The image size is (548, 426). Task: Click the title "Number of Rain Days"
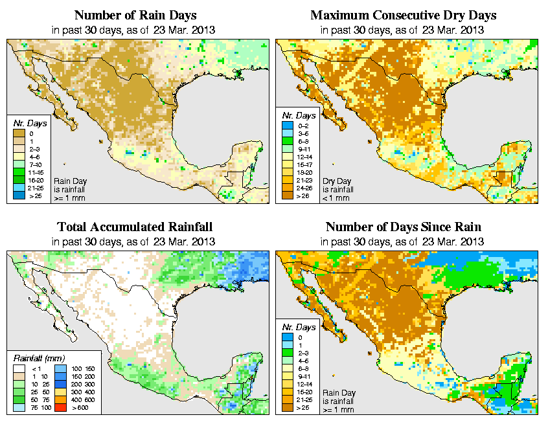tap(135, 15)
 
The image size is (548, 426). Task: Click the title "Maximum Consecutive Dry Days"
tap(403, 15)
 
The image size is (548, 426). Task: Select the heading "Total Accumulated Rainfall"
tap(135, 227)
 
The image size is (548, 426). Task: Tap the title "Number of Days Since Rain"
tap(403, 227)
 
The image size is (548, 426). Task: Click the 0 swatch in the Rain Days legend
tap(18, 133)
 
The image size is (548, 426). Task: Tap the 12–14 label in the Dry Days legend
tap(304, 156)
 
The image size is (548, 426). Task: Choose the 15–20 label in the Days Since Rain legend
tap(304, 392)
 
